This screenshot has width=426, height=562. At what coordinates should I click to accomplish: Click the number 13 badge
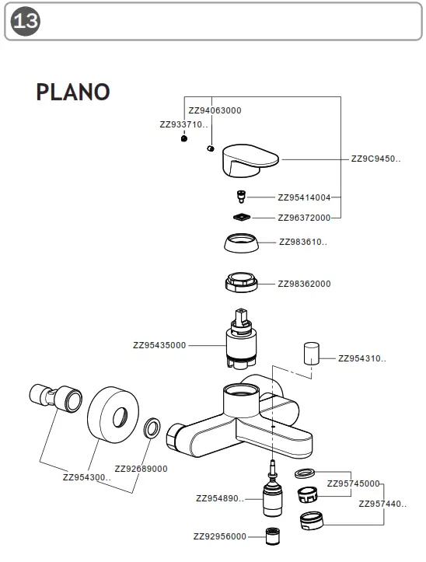click(x=26, y=21)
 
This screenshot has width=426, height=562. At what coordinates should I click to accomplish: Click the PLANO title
click(x=72, y=92)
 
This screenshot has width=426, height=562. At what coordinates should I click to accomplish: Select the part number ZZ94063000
click(x=215, y=110)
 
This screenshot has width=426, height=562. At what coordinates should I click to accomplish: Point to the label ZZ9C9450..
click(x=376, y=159)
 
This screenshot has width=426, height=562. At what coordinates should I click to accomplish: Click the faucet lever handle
click(x=249, y=159)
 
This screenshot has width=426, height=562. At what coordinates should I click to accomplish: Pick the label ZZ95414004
click(x=304, y=197)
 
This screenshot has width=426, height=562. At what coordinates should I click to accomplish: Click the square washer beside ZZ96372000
click(x=243, y=217)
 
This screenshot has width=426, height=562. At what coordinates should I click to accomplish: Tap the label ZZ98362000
click(x=304, y=284)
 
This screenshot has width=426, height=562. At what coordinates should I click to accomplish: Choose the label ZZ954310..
click(x=361, y=358)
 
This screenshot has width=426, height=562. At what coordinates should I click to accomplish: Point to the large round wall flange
click(x=113, y=416)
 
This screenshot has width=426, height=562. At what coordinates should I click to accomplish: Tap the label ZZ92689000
click(x=141, y=469)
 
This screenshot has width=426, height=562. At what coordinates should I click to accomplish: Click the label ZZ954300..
click(x=87, y=477)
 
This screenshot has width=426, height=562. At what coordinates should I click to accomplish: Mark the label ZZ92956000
click(x=220, y=536)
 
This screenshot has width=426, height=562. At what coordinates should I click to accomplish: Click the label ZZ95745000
click(x=353, y=483)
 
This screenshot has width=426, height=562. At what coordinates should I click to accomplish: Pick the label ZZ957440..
click(x=382, y=504)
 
